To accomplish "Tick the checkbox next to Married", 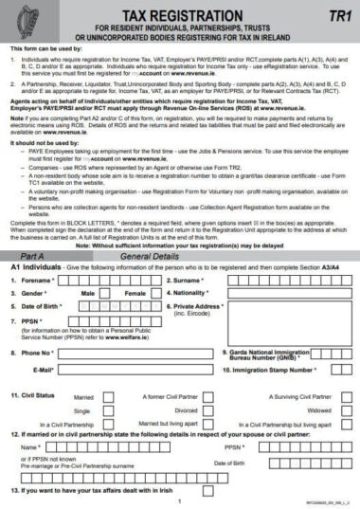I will [x=108, y=396].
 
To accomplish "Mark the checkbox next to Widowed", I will [x=344, y=410].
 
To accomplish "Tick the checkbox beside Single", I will [x=108, y=410].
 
